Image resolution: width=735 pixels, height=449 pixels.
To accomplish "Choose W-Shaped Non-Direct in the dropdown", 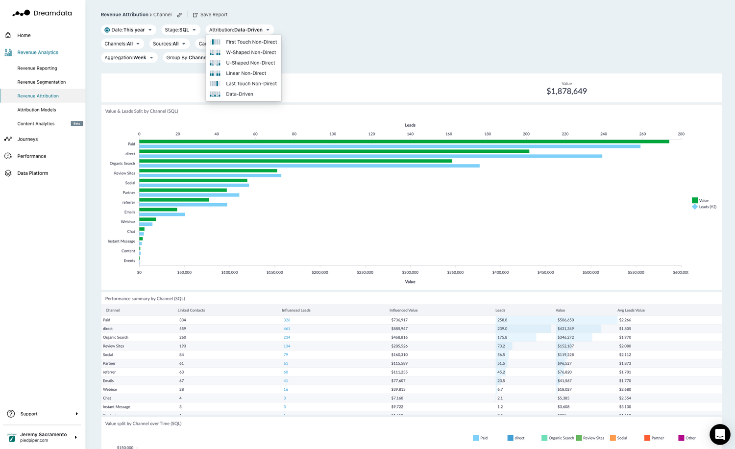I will point(250,52).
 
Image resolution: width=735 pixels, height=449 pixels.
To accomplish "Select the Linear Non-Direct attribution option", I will point(245,73).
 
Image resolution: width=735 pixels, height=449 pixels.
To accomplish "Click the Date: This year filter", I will point(128,30).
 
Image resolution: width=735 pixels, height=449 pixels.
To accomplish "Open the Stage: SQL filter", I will point(180,30).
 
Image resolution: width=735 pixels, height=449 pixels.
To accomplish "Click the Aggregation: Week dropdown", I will point(129,58).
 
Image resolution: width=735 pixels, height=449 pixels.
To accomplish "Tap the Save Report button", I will point(210,15).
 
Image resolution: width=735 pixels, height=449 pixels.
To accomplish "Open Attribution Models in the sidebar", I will point(37,110).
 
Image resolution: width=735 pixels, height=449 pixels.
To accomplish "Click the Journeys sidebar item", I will point(27,139).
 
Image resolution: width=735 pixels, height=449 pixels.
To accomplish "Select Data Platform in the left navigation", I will point(32,173).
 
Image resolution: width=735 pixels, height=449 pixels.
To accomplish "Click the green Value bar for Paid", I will point(404,142).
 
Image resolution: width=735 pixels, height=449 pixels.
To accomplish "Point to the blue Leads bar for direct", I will point(370,156).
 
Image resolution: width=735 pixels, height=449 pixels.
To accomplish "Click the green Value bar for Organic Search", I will point(295,161).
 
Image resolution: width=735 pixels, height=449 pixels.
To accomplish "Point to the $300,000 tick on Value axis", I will point(410,272).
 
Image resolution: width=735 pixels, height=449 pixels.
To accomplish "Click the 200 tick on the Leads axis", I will point(526,134).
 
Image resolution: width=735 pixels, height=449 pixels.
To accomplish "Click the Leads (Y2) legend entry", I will point(707,207).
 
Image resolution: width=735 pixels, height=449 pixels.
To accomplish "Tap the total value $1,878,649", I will point(566,91).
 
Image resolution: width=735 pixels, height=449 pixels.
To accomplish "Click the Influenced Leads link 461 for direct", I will point(287,329).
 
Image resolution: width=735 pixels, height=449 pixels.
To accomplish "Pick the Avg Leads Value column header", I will point(631,310).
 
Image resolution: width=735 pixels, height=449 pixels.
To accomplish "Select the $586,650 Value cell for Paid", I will point(565,320).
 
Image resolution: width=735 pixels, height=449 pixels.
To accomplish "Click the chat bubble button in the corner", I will point(719,434).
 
